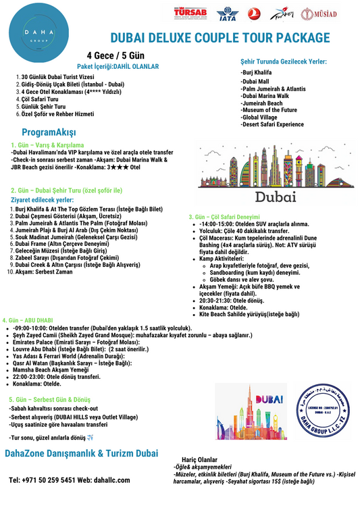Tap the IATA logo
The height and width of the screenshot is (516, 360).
227,15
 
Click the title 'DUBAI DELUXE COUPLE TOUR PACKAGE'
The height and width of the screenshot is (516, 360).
220,38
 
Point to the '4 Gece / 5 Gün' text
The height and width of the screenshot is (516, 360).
115,55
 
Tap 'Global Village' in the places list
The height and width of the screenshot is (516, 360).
259,117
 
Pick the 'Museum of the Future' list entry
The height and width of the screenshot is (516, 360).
269,110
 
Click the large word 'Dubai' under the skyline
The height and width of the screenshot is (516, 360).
275,197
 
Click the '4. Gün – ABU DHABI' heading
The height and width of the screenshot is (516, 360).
28,319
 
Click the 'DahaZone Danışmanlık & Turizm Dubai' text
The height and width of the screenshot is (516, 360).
82,453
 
